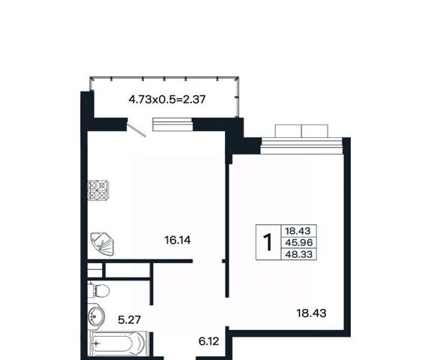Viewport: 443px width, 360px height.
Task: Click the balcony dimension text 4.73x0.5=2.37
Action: coord(167,100)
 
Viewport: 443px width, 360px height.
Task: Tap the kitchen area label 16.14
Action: coord(178,241)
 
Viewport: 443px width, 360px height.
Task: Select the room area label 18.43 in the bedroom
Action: coord(311,313)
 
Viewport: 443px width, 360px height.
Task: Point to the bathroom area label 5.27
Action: coord(129,320)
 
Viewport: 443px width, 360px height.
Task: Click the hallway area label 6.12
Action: coord(209,341)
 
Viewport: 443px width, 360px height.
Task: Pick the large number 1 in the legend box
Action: coord(268,242)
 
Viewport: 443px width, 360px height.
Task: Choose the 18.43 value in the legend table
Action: coord(298,231)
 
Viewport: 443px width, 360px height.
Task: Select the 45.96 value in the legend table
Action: coord(299,242)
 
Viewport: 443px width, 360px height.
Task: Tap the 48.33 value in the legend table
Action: coord(299,254)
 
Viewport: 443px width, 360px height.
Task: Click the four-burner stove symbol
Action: coord(97,190)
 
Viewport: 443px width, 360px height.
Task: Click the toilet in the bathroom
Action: coord(99,290)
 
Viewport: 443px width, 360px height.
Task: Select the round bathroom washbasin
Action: coord(96,316)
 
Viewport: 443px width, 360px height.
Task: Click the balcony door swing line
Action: coord(136,130)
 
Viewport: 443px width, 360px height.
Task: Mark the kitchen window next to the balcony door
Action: coord(172,124)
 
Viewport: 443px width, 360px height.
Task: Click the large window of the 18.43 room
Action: coord(302,145)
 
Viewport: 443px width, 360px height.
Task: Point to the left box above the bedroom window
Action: coord(288,131)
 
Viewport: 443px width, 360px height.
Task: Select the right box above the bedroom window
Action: coord(315,131)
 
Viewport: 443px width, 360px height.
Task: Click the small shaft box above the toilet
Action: coord(95,270)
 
